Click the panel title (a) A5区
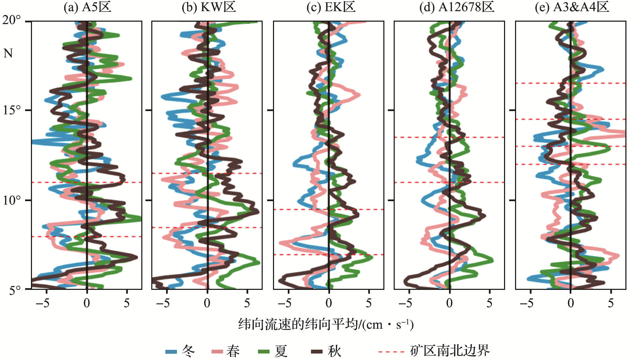tap(87, 7)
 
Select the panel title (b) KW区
tap(209, 7)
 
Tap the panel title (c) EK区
tap(331, 7)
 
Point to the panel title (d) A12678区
tap(457, 7)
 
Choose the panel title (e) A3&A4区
tap(572, 7)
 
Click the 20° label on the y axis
tap(12, 20)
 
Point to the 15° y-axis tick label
tap(12, 110)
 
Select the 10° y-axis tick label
tap(12, 200)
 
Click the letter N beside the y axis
tap(8, 53)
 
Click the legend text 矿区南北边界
tap(450, 351)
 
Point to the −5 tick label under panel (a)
tap(43, 303)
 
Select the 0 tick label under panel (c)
tap(329, 303)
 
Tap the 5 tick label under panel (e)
tap(611, 303)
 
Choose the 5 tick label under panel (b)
tap(247, 303)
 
